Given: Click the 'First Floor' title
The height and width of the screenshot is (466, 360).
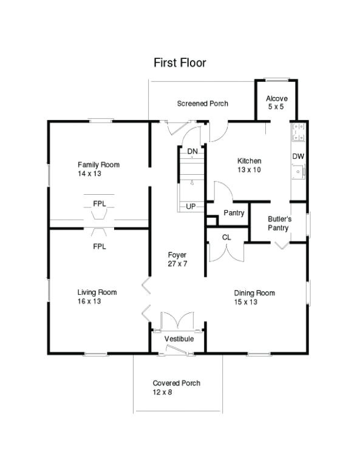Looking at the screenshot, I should [179, 62].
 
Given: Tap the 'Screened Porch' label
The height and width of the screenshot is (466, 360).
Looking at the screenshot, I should [202, 104].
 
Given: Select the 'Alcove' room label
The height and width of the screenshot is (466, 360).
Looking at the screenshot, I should [277, 98].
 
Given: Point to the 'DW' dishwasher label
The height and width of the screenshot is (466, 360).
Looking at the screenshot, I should [297, 157].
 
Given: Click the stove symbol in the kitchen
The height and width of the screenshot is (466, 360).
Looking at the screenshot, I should [299, 131].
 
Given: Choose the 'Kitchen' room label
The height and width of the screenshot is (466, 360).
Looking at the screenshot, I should [249, 161].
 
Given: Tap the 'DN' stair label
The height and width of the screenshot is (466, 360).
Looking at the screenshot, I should [192, 151].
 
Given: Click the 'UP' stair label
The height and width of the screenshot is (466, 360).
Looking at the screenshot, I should [191, 206].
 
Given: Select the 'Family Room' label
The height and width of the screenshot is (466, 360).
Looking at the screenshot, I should [98, 164].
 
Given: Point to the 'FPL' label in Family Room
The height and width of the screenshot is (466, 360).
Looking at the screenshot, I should [99, 203].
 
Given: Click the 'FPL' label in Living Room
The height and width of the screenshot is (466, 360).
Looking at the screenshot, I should [99, 246].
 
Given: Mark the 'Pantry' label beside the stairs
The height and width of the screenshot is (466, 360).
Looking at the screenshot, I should [234, 213].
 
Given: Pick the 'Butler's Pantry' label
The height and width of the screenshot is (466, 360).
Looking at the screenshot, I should [280, 223].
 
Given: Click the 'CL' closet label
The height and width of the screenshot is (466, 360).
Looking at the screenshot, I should [226, 237].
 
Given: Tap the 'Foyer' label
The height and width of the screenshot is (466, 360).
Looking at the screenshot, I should [177, 255].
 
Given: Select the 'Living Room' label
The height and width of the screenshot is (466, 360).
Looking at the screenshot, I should [97, 292].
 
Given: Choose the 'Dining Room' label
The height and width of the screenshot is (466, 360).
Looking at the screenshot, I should [254, 293].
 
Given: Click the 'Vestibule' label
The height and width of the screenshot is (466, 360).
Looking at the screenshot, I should [179, 339].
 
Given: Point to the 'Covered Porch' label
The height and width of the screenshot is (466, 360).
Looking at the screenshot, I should [176, 383].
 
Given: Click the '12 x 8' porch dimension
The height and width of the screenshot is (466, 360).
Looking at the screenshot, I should [162, 393].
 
